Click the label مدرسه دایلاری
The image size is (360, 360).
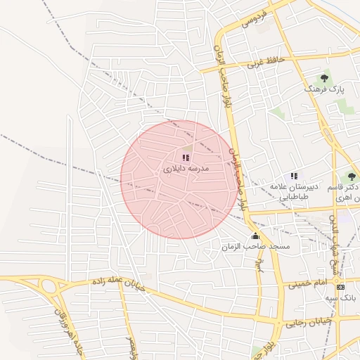[186, 169]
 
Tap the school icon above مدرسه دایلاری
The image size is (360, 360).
[186, 158]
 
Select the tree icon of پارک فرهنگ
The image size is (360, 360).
[324, 78]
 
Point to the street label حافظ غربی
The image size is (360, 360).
[265, 62]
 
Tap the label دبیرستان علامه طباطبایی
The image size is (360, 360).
[295, 191]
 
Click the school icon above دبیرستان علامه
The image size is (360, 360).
[294, 176]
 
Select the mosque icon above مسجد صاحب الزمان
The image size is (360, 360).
[255, 236]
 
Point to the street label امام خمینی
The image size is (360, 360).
[307, 283]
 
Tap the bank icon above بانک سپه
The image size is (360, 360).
[341, 287]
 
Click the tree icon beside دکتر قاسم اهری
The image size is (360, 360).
[352, 176]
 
